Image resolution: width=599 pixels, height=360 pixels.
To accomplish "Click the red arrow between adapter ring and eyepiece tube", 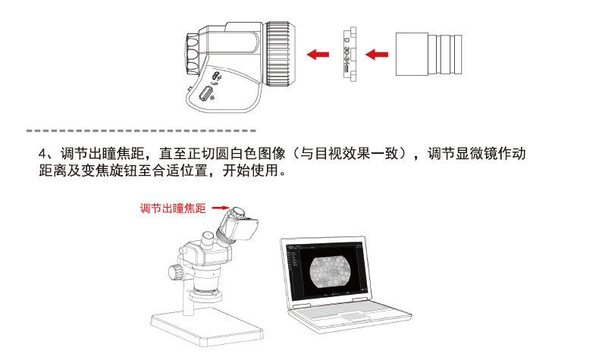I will pyautogui.click(x=377, y=54).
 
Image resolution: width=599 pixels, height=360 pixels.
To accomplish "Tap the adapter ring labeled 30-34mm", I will pyautogui.click(x=347, y=54).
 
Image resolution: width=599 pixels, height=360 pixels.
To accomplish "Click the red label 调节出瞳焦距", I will pyautogui.click(x=174, y=208).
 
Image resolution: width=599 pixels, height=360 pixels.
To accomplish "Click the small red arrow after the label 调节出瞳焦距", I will pyautogui.click(x=220, y=207).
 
